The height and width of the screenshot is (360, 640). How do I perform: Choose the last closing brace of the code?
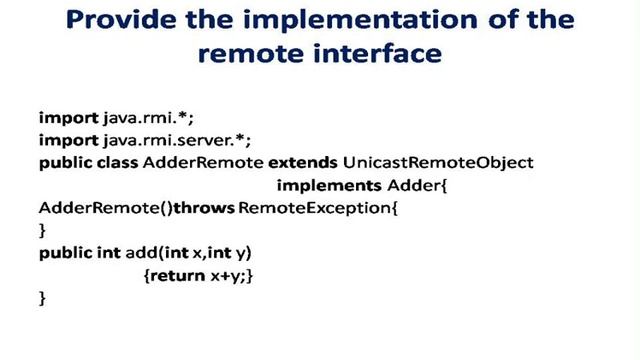pyautogui.click(x=42, y=298)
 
